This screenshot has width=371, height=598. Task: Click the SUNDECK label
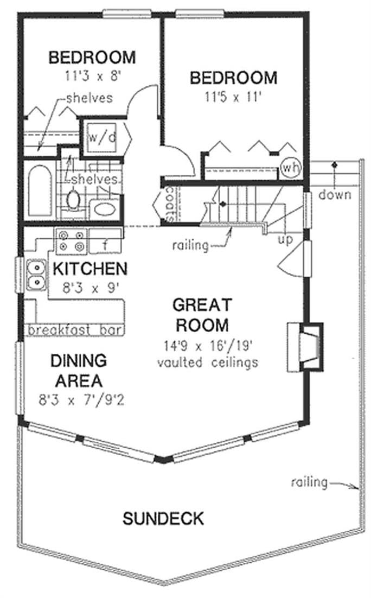point(163,518)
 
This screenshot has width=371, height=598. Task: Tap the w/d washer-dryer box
point(102,137)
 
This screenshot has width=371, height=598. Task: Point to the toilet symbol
point(73,200)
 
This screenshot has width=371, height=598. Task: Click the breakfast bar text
point(74,330)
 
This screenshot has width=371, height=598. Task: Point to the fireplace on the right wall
point(305,347)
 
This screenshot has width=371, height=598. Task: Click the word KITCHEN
point(89,269)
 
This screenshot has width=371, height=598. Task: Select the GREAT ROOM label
point(201,315)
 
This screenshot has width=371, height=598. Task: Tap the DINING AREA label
point(78,369)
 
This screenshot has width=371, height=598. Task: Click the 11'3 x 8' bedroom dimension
point(91,77)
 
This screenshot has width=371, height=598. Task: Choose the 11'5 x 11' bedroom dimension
point(233,98)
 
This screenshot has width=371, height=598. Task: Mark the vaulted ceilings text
point(207,362)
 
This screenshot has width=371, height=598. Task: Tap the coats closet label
point(169,205)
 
